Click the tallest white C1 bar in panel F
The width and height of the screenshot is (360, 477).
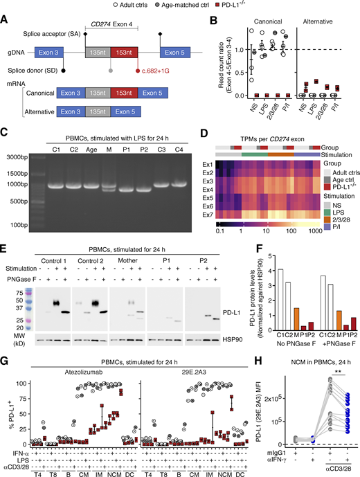click(261, 301)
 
